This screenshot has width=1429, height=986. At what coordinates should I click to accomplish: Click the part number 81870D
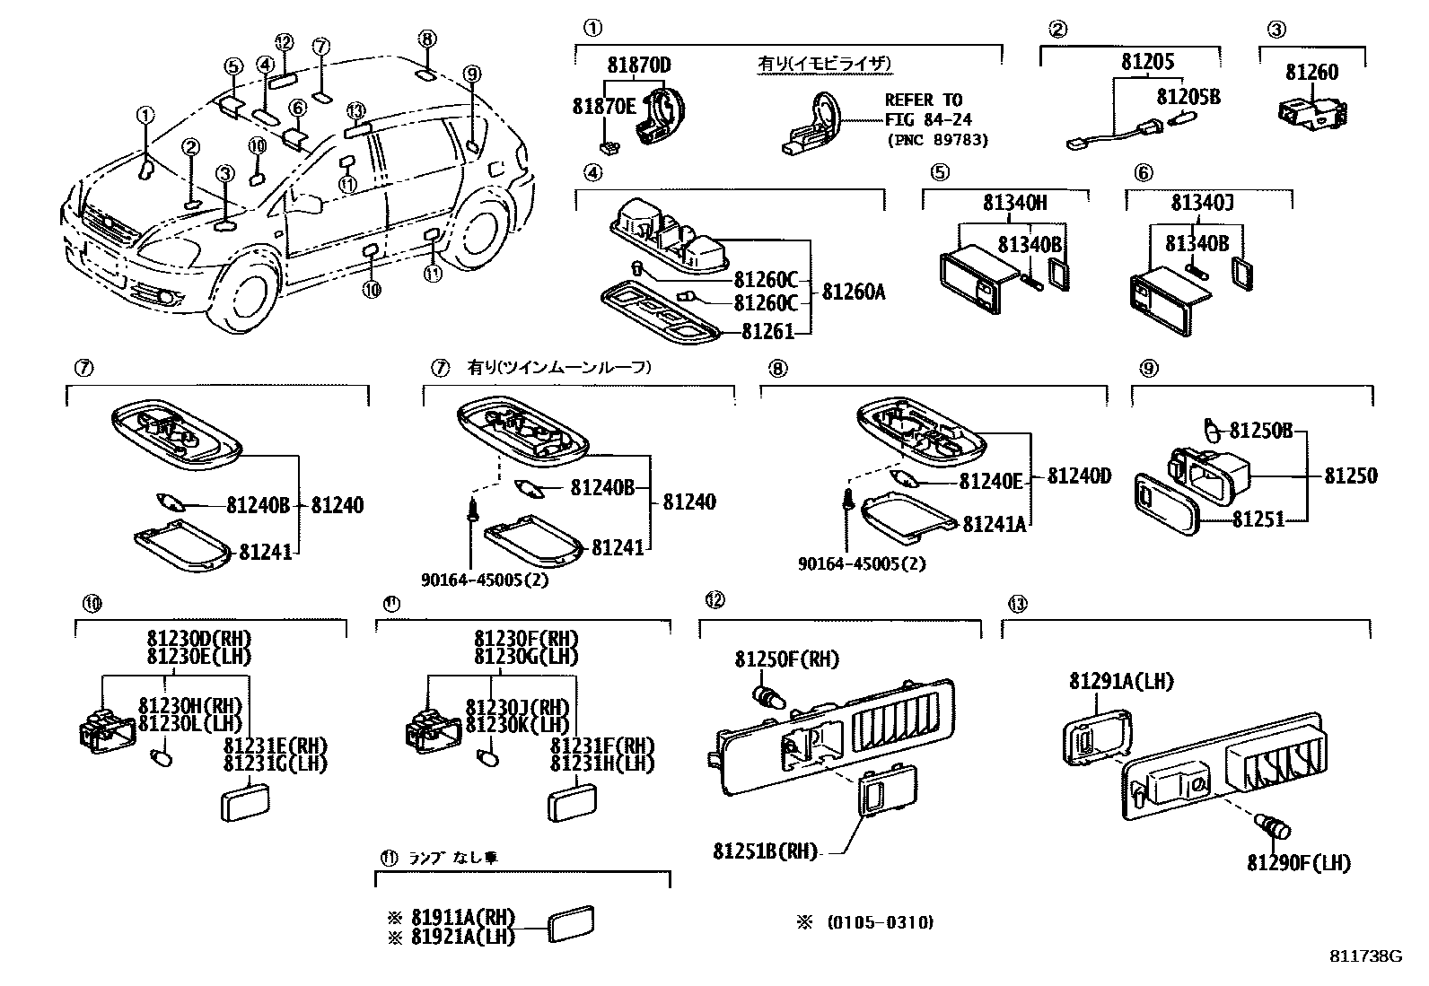(638, 65)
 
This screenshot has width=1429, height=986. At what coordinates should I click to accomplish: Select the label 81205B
(1188, 96)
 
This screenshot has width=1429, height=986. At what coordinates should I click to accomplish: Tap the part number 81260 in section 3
(1311, 72)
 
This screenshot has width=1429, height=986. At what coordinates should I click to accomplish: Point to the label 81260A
(854, 292)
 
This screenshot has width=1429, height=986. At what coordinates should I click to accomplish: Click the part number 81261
(767, 332)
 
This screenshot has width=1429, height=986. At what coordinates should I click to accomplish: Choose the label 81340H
(1014, 204)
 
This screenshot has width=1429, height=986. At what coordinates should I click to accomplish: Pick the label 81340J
(1202, 204)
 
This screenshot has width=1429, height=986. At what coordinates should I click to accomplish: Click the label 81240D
(1079, 476)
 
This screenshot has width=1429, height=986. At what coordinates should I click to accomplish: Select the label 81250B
(1260, 431)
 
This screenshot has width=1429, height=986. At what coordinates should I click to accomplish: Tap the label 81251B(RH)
(766, 851)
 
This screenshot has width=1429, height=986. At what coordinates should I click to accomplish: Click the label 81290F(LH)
(1298, 863)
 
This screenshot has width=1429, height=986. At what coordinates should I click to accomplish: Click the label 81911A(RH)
(463, 918)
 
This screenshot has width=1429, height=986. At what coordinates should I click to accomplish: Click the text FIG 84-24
(928, 119)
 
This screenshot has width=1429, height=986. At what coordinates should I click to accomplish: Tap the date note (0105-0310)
(880, 922)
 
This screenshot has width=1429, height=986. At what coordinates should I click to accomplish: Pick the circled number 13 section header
(1016, 604)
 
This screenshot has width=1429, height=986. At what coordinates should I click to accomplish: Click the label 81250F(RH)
(786, 659)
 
